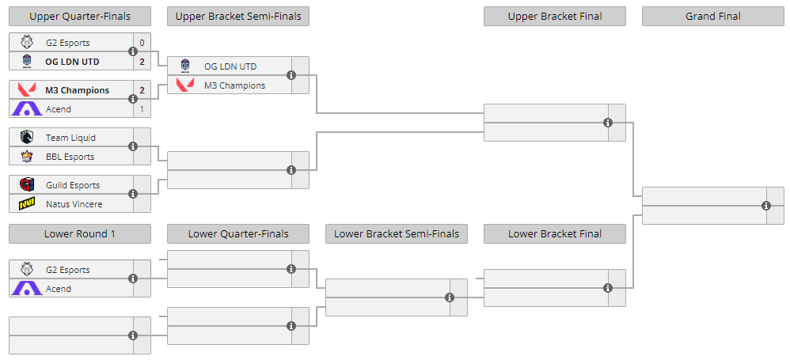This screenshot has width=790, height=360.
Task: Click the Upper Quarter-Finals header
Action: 80,16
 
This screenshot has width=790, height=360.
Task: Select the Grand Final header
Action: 713,16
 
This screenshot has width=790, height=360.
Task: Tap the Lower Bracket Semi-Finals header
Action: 397,233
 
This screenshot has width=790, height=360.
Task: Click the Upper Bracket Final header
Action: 555,16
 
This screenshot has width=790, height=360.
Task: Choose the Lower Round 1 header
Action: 80,233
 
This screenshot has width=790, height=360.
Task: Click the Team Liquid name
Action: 70,138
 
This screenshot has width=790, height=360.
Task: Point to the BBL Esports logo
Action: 27,157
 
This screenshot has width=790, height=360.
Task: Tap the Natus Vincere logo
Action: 27,204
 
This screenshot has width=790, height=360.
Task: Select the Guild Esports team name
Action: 73,185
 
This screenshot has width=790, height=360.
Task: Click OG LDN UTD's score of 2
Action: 142,62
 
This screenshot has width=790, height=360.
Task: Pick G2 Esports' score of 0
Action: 142,43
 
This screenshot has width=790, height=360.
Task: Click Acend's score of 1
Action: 142,109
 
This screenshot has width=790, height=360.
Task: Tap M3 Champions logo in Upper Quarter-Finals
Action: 27,90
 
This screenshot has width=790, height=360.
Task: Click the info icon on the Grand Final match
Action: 766,206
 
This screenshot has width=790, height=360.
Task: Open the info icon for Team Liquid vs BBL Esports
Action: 133,146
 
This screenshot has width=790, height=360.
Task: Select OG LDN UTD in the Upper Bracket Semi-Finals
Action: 230,66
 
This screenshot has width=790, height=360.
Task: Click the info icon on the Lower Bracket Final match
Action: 608,288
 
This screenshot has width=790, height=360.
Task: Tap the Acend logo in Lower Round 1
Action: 27,289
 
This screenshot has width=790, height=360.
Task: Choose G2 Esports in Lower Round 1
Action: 67,270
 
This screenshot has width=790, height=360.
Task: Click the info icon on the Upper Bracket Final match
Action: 608,123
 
